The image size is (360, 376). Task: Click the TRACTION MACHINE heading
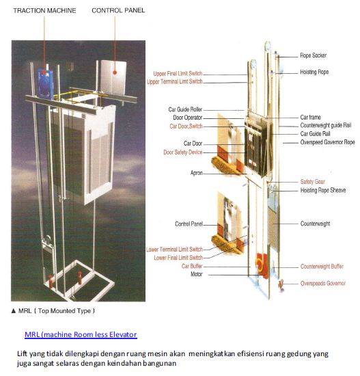point(45,11)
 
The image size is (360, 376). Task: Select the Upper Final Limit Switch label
point(177,73)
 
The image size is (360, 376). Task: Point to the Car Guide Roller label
point(185,109)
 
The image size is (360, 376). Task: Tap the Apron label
point(195,173)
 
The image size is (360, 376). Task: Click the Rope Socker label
point(316,55)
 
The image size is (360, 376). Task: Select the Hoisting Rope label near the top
point(318,72)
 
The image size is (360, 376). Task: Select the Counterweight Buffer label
point(323,266)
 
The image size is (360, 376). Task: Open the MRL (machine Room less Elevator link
point(81,334)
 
